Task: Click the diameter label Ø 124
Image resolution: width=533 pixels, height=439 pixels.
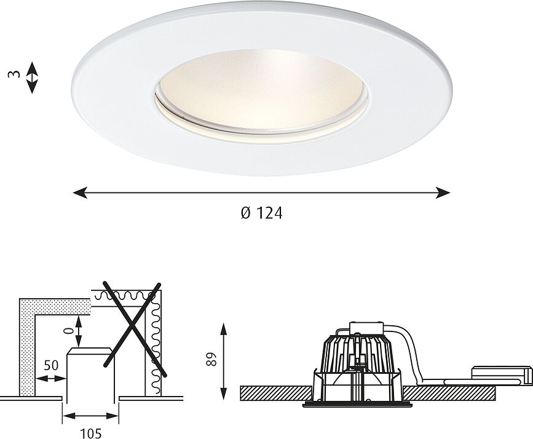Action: pos(261,214)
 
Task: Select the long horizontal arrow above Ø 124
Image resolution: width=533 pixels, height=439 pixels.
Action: pos(261,193)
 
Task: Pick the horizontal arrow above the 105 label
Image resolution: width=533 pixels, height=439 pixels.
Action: pos(90,415)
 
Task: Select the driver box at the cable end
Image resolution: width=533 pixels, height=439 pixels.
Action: pos(502,374)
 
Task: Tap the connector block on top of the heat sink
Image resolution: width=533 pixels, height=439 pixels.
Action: pos(366,329)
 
